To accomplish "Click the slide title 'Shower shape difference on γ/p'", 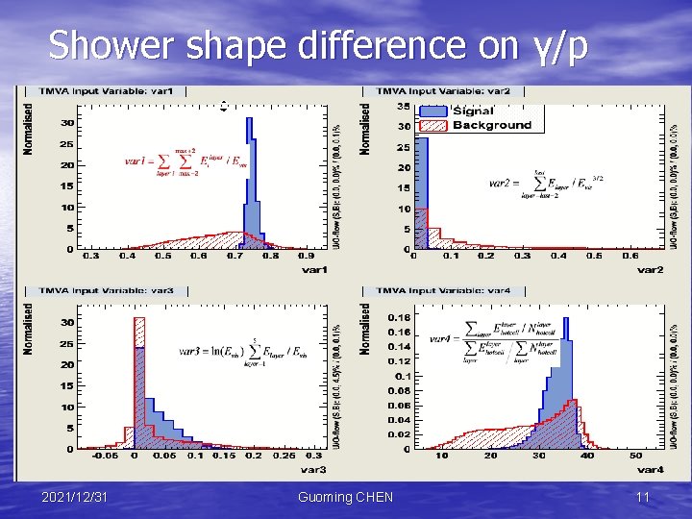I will tap(317, 45).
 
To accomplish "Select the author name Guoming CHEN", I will tap(345, 497).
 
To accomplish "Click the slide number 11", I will tap(643, 497).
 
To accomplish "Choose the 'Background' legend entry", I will tap(491, 125).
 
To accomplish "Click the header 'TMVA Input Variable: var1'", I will tap(107, 91).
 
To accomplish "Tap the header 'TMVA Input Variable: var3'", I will tap(107, 290).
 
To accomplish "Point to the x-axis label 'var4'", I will tap(650, 470).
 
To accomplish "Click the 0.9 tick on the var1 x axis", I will tap(306, 256).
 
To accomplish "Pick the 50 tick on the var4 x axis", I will tap(636, 456).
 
